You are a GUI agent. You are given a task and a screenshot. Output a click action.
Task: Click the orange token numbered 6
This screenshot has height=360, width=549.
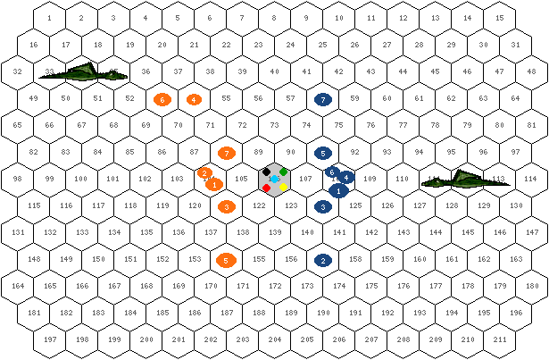pos(162,99)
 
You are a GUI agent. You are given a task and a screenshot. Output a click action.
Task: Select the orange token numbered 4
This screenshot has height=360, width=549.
pos(194,99)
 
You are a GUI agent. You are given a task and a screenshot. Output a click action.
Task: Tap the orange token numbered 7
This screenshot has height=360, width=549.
pos(227,154)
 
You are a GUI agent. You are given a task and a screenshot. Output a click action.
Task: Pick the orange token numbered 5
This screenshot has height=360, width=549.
pos(227,261)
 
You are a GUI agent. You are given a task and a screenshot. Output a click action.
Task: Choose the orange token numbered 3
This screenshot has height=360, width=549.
pos(227,207)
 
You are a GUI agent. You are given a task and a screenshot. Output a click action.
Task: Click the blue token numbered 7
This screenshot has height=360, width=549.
pos(323,99)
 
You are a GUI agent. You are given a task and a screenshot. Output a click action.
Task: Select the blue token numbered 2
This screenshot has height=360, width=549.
pos(323,261)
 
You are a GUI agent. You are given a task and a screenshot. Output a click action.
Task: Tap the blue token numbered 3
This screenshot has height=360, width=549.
pos(323,207)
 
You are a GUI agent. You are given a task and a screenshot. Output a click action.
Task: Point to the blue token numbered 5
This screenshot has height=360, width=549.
pos(323,154)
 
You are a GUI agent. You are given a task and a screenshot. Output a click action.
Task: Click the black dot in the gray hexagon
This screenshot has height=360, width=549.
pos(266,171)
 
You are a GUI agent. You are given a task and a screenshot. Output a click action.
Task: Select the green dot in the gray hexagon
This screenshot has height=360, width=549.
pos(284,171)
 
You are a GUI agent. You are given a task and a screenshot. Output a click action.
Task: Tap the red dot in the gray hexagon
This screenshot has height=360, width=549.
pos(266,188)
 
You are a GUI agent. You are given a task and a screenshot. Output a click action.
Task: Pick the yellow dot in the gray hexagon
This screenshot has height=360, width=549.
pos(284,188)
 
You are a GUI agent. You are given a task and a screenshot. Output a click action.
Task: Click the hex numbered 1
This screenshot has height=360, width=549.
pos(48,18)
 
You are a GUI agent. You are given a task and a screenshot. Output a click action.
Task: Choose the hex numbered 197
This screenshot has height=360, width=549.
pos(50,340)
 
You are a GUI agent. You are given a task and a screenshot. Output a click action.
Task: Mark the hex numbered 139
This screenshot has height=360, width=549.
pos(275,232)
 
